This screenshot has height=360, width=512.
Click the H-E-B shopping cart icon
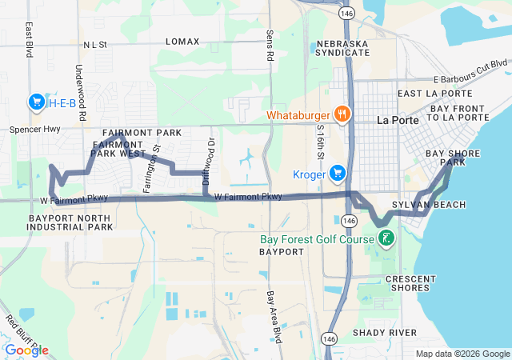coord(36,102)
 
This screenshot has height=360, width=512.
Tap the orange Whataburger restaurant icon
coord(342,113)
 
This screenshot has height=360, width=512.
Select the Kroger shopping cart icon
coord(338,172)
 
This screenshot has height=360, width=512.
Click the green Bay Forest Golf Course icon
coord(386,238)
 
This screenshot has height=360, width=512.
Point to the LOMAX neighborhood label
coord(182,41)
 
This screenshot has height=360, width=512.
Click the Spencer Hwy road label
coord(34,128)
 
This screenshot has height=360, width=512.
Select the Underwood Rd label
coord(82,94)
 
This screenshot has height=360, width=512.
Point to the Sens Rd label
coord(270,46)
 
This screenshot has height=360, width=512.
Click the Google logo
coord(26,350)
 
